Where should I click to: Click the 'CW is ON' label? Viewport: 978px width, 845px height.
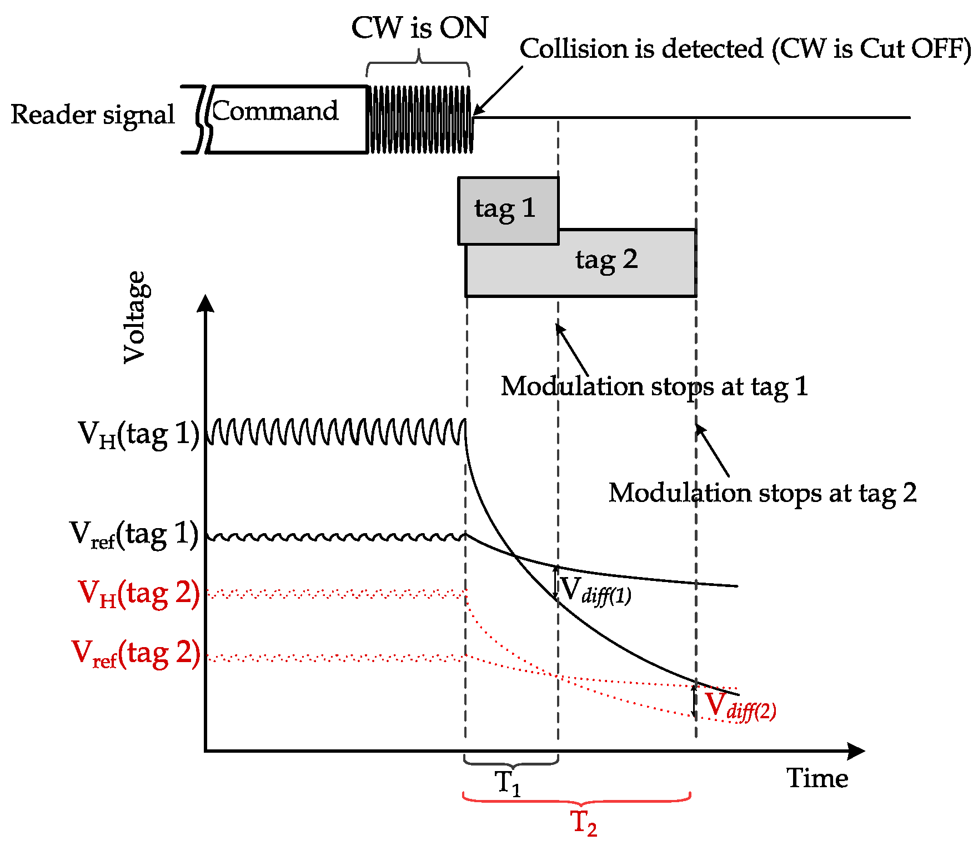pos(419,28)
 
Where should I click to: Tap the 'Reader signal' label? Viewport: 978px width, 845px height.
pos(93,115)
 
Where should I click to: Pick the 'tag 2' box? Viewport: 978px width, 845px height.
pos(606,261)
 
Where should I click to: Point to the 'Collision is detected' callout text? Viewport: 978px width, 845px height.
pos(744,49)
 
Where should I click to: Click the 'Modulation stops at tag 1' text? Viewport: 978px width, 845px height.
pos(654,386)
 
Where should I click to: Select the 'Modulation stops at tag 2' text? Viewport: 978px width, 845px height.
pos(762,493)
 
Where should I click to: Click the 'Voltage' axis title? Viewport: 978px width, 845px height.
pos(135,317)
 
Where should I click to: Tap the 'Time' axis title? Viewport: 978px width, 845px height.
pos(817,778)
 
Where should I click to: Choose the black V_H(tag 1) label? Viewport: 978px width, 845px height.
pos(138,434)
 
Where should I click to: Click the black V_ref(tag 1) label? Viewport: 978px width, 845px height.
pos(134,534)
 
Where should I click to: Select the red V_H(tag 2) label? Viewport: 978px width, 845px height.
pos(139,593)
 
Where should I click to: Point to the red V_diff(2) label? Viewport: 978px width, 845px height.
pos(740,706)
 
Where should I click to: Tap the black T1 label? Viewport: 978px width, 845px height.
pos(508,783)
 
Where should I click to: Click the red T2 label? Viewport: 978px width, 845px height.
pos(583,823)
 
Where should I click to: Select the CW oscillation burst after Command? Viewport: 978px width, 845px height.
pos(420,119)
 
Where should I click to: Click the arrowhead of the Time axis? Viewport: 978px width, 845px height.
pos(858,751)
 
